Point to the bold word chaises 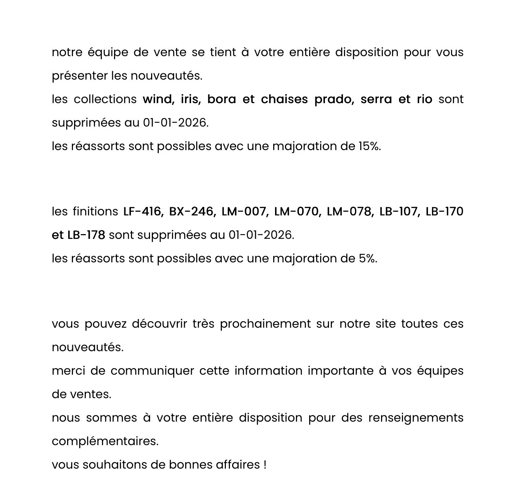pyautogui.click(x=284, y=99)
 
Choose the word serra pyautogui.click(x=376, y=99)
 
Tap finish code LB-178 pyautogui.click(x=86, y=235)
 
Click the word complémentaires pyautogui.click(x=105, y=441)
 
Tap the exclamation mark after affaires pyautogui.click(x=265, y=465)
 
